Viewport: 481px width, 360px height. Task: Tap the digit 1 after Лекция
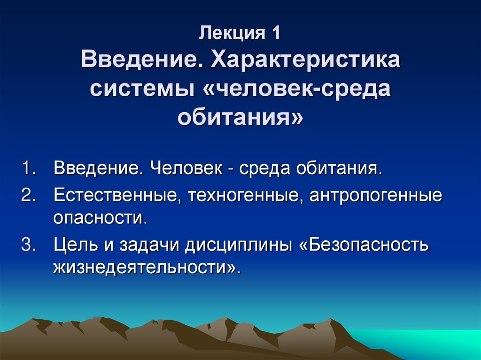click(275, 35)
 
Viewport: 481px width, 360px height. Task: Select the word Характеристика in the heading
click(307, 61)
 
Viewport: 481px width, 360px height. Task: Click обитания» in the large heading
click(240, 117)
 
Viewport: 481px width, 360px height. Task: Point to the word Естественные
click(116, 195)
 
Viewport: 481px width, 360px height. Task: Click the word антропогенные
click(375, 195)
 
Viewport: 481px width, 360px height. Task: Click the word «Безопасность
click(363, 245)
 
